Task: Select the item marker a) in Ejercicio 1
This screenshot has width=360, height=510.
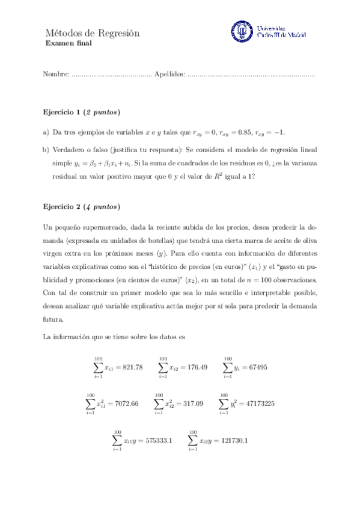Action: tap(46, 132)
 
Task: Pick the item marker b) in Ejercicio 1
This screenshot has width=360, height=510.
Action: tap(46, 149)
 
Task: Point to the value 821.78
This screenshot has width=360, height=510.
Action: tap(132, 367)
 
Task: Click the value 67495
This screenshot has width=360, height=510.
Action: tap(255, 367)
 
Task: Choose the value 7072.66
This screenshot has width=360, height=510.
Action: tap(126, 404)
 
